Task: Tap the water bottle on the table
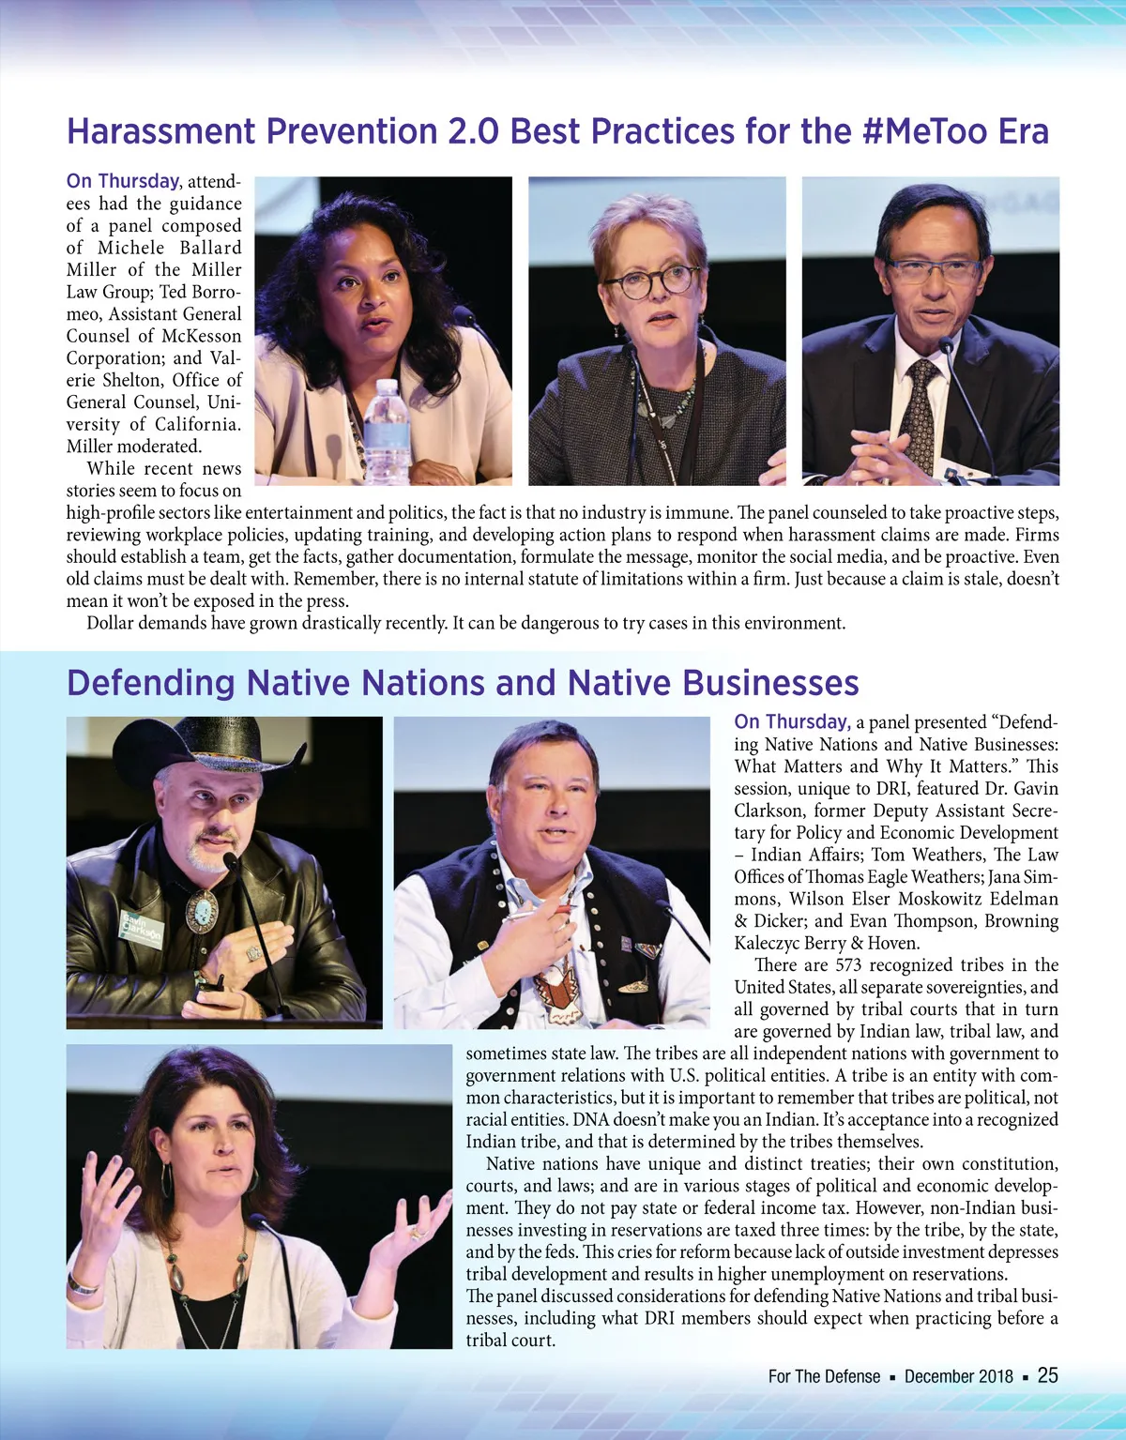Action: point(386,432)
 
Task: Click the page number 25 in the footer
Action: point(1047,1375)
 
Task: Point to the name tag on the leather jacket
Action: point(142,926)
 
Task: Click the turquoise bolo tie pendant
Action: point(202,909)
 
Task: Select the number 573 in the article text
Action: point(847,965)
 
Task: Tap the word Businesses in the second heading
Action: point(769,683)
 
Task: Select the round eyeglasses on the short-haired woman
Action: point(650,282)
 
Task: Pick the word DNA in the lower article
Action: point(590,1119)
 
